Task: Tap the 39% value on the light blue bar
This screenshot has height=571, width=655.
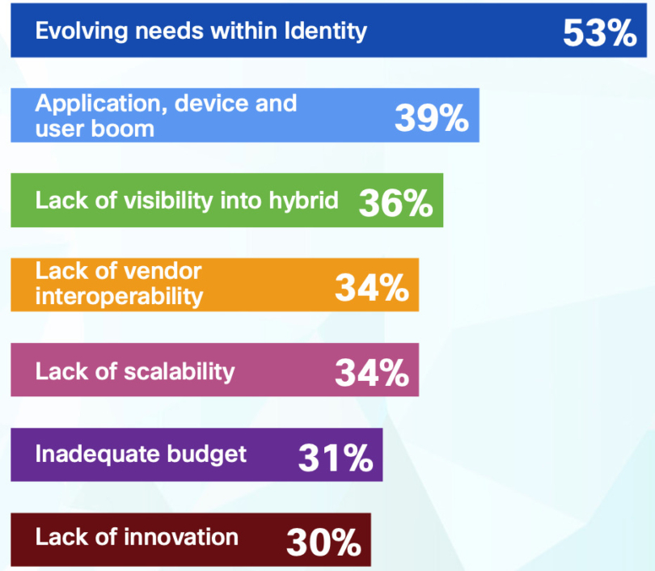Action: pos(432,119)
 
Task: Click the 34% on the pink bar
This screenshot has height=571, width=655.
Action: pos(372,373)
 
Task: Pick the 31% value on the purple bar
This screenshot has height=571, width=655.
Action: pos(335,459)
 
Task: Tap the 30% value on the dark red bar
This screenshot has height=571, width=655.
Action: pos(323,543)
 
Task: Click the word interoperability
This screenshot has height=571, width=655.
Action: pos(119,296)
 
